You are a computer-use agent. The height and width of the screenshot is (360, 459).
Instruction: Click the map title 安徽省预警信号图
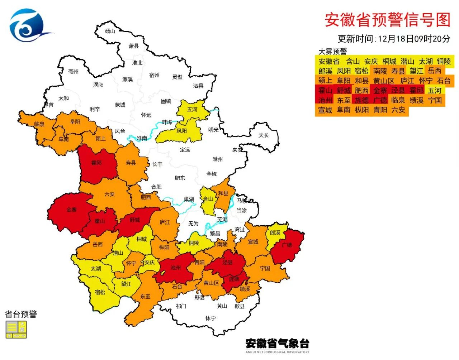pyautogui.click(x=387, y=20)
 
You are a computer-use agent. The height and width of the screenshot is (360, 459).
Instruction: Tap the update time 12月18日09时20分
pyautogui.click(x=414, y=39)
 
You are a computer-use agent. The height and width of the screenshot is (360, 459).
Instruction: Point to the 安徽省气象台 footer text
pyautogui.click(x=277, y=344)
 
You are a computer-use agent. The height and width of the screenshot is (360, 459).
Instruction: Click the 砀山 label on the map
pyautogui.click(x=110, y=31)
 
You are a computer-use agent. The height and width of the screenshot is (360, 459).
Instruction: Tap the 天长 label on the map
pyautogui.click(x=264, y=135)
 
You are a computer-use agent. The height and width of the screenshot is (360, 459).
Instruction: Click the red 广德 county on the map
pyautogui.click(x=287, y=245)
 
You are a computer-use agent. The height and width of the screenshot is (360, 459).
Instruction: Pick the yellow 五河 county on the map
pyautogui.click(x=192, y=109)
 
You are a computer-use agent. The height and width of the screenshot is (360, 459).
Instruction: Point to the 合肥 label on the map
pyautogui.click(x=156, y=187)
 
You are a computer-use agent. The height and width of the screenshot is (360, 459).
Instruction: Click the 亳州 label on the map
pyautogui.click(x=73, y=71)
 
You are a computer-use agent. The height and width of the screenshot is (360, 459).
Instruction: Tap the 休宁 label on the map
pyautogui.click(x=210, y=318)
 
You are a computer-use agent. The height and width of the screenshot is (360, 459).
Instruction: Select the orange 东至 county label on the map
pyautogui.click(x=145, y=296)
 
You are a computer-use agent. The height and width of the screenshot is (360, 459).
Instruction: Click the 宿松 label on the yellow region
pyautogui.click(x=100, y=292)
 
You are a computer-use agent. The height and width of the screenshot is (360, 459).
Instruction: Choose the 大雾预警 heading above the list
pyautogui.click(x=332, y=52)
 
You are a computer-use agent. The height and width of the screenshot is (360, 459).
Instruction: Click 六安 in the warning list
pyautogui.click(x=398, y=110)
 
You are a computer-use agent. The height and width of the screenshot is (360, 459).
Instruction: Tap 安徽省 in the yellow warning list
pyautogui.click(x=329, y=61)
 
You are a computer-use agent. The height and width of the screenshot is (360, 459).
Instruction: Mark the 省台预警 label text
pyautogui.click(x=21, y=315)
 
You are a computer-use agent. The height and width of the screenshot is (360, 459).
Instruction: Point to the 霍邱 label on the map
pyautogui.click(x=96, y=163)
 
